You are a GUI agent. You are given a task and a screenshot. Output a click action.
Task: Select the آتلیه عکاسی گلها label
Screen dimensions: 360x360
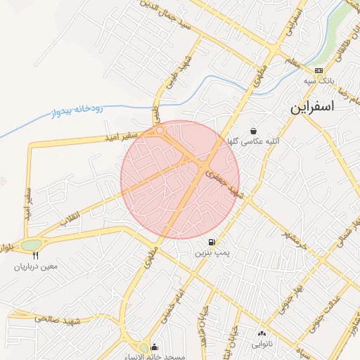252,141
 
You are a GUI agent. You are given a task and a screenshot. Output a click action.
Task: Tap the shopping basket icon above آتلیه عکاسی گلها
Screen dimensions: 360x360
253,131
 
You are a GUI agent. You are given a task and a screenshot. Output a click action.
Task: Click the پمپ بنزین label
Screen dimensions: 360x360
212,252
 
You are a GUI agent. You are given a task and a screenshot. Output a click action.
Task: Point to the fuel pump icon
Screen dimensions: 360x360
212,242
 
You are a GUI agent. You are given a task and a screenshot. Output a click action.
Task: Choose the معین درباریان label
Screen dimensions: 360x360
34,266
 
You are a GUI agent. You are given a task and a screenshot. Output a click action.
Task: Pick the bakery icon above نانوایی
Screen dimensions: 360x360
262,335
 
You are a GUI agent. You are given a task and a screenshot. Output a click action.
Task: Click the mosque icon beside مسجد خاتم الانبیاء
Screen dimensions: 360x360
154,347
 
